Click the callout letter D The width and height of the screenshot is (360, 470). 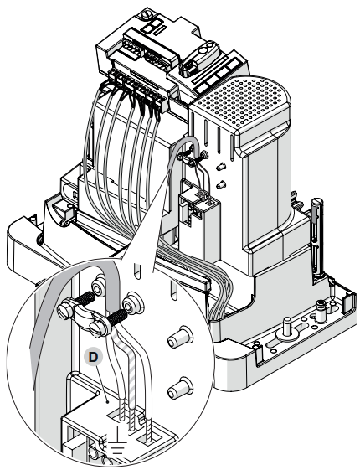[x=93, y=357]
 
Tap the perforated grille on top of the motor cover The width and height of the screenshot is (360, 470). [x=243, y=100]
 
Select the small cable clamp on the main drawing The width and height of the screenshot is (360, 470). [x=192, y=158]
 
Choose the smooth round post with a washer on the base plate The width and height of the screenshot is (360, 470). [x=286, y=330]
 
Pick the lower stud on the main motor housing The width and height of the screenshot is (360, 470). [x=221, y=185]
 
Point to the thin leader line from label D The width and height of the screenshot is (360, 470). [x=102, y=382]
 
